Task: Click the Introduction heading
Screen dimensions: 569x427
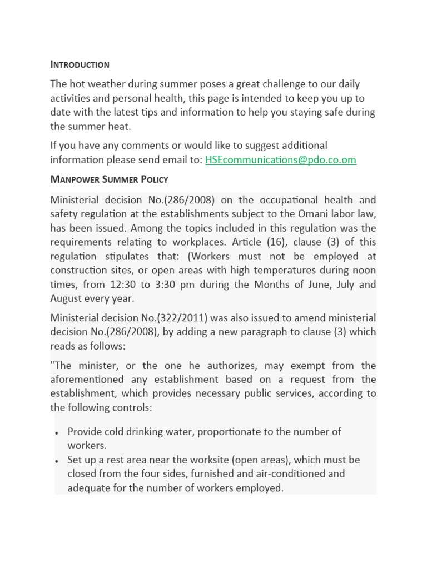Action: tap(80, 64)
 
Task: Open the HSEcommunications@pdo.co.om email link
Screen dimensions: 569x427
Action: tap(281, 159)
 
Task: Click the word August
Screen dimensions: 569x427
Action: tap(68, 298)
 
